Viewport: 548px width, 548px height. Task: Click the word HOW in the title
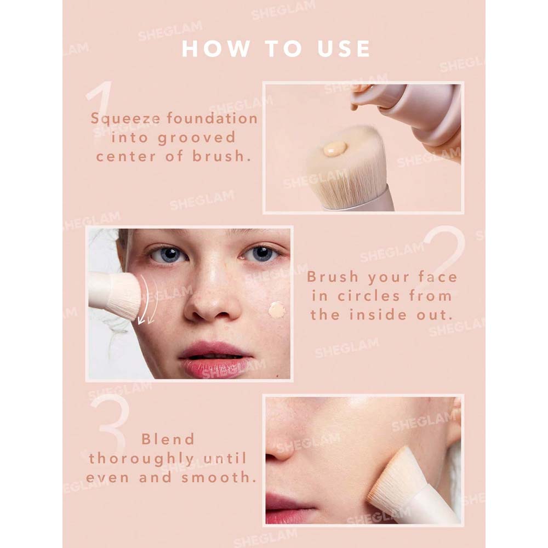[215, 49]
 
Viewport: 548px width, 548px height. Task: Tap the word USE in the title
[344, 49]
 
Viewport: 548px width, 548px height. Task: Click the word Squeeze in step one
[125, 119]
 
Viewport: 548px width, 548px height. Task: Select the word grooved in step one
[197, 138]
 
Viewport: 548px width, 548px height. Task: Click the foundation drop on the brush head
[335, 149]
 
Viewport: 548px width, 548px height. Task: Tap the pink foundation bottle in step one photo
[413, 112]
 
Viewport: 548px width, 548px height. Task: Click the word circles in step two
[368, 296]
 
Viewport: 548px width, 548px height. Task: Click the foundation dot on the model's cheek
[277, 310]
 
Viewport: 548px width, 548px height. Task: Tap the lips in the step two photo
[216, 360]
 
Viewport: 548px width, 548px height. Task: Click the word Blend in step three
[168, 439]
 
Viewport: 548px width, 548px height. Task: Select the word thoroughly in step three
[142, 459]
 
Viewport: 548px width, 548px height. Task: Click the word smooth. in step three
[219, 477]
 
